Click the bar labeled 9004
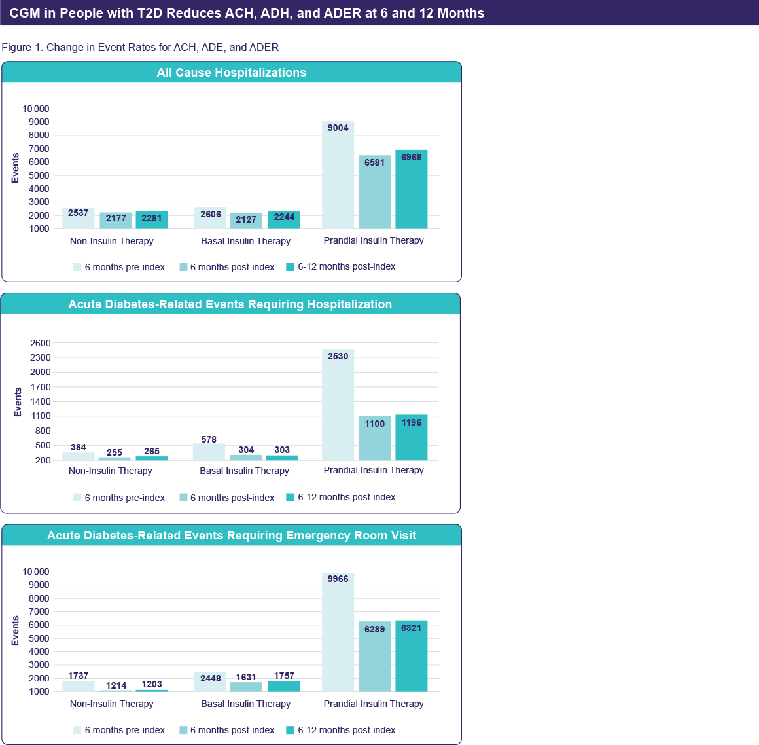[338, 175]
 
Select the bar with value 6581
[374, 192]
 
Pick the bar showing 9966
[338, 632]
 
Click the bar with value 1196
[411, 438]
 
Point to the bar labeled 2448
[210, 682]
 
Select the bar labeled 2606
[210, 219]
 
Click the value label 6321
[411, 628]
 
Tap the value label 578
[209, 439]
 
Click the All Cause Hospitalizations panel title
[231, 73]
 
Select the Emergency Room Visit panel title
[231, 536]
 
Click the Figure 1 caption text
[140, 47]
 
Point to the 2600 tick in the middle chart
[40, 343]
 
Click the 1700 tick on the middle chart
[40, 387]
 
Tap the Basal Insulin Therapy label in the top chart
[245, 241]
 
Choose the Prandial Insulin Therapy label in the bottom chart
[373, 704]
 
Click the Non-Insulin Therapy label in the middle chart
[110, 471]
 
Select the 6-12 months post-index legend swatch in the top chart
[291, 267]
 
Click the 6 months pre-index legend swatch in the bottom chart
[77, 731]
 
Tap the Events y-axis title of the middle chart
[18, 402]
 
